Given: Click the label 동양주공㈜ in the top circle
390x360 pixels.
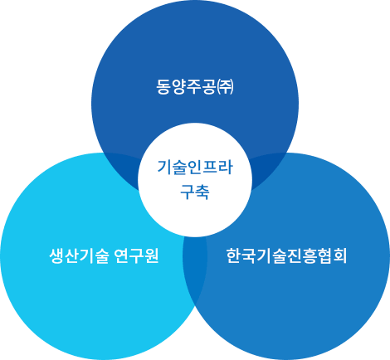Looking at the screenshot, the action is (195, 87).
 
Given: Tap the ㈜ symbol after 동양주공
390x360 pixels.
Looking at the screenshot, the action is (226, 87).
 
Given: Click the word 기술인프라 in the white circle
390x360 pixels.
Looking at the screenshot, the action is (195, 167).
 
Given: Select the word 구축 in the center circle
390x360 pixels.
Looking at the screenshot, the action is (195, 192).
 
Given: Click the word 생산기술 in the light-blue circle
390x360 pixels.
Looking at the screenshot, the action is (79, 255).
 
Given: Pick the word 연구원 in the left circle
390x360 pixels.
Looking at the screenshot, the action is (136, 255).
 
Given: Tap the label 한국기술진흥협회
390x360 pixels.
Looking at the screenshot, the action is (286, 255).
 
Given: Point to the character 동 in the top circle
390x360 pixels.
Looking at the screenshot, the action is (163, 87).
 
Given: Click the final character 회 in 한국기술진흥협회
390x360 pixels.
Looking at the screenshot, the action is (339, 255).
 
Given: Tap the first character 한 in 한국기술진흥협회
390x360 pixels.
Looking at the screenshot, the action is (234, 255).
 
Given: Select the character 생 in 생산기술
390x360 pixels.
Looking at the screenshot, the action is (56, 255).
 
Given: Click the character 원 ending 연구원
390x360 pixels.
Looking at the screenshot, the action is (151, 255).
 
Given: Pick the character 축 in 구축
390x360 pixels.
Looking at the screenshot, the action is (202, 192).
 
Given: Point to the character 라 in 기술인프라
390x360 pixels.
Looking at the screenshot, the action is (226, 167).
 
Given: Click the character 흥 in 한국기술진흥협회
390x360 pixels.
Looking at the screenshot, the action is (310, 255).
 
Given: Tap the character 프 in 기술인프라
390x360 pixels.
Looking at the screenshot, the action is (210, 167).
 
